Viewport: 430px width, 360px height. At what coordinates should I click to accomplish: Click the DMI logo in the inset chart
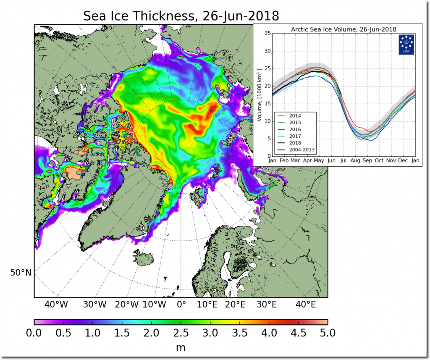coord(406,45)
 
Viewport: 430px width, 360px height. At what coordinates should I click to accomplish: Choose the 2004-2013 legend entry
coord(299,150)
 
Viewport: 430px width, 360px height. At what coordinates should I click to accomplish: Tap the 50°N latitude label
coord(21,273)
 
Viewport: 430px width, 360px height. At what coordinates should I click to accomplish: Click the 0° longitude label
coord(181,304)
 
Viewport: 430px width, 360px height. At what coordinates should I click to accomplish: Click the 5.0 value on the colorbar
coord(328,333)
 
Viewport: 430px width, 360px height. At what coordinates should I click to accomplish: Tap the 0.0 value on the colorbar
coord(34,333)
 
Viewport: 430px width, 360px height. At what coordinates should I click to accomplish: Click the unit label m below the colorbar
coord(181,348)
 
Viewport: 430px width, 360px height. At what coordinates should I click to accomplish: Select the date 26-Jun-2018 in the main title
coord(241,16)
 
